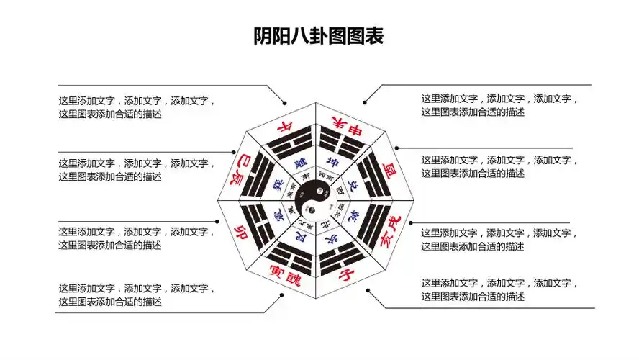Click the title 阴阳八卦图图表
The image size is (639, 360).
click(x=319, y=36)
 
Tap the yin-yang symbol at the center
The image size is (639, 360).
click(x=316, y=201)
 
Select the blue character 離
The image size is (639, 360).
click(x=301, y=162)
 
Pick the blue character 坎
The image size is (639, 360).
click(x=332, y=240)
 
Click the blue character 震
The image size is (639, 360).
click(x=278, y=215)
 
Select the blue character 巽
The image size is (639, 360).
click(x=278, y=185)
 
